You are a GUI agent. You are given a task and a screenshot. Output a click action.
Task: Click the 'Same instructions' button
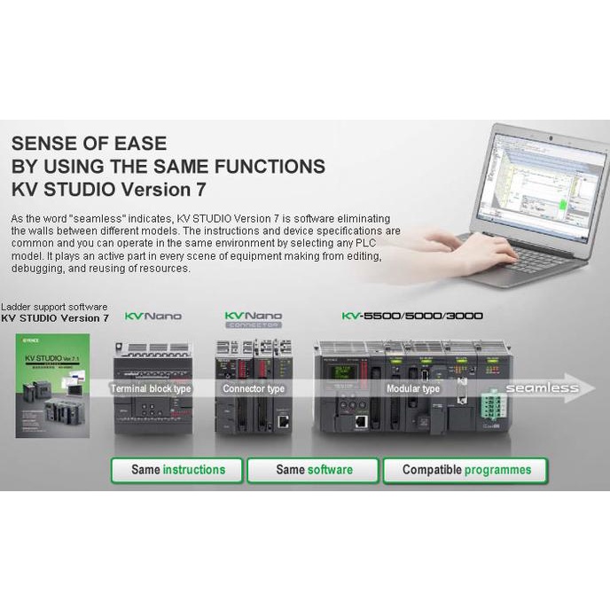pos(178,470)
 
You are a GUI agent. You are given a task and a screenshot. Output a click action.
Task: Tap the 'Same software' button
pos(314,470)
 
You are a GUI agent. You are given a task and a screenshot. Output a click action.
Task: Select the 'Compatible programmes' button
pos(466,470)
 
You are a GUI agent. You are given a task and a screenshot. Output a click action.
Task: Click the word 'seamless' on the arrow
pos(542,388)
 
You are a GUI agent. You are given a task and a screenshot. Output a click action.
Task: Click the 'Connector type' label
pos(254,389)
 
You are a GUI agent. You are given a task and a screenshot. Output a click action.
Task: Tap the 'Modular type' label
pos(412,389)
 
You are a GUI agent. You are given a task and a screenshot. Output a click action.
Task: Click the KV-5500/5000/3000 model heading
pos(412,315)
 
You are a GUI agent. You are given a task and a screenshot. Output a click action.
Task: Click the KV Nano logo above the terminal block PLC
pos(153,316)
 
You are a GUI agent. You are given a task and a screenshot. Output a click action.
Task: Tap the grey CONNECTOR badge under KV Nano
pos(253,325)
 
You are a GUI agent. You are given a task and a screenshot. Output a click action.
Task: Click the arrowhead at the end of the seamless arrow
pos(590,388)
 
